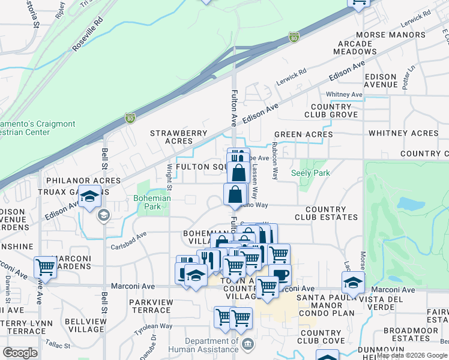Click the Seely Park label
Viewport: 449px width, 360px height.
click(x=311, y=173)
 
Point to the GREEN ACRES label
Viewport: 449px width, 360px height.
click(x=303, y=134)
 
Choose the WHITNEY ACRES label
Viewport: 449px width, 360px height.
click(x=403, y=133)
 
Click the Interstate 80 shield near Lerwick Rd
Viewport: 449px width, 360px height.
click(x=294, y=37)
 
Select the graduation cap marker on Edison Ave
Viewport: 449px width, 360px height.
click(x=89, y=197)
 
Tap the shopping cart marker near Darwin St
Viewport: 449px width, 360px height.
click(x=45, y=267)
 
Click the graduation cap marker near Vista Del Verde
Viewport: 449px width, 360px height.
click(x=353, y=281)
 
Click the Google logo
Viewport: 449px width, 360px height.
click(x=20, y=353)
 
